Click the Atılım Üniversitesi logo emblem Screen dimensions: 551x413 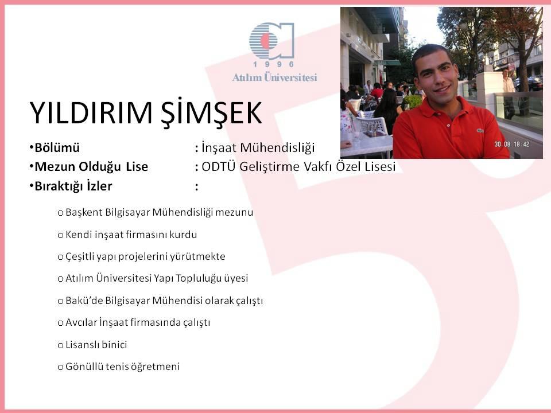point(271,41)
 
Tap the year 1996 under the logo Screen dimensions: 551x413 point(273,64)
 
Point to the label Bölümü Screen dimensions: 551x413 point(57,147)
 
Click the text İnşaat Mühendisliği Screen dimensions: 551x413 point(258,148)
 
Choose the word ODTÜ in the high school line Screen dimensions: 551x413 point(218,166)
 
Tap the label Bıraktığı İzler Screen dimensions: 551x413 point(73,186)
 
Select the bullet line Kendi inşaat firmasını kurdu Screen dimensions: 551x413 point(131,235)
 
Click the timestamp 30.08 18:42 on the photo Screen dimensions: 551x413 point(511,144)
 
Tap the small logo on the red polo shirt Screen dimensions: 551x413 point(480,131)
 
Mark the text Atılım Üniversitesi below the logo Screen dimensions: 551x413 point(274,77)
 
